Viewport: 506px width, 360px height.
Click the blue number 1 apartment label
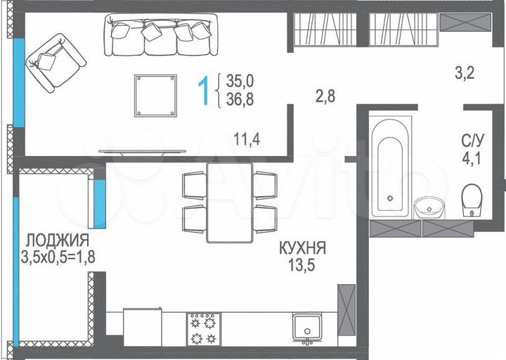(x=205, y=91)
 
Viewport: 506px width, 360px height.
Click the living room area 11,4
(x=247, y=139)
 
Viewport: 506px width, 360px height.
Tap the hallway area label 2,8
(x=325, y=96)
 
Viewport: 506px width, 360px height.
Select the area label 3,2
(x=465, y=72)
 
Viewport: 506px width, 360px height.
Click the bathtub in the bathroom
(x=389, y=166)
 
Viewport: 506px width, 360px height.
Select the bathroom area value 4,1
(x=472, y=156)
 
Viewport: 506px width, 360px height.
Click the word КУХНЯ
(x=302, y=248)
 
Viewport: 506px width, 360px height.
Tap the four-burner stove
(x=204, y=329)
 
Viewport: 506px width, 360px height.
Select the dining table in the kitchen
(x=229, y=201)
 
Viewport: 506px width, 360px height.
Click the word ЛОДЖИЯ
(x=55, y=240)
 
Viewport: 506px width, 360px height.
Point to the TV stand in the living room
(x=143, y=150)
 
